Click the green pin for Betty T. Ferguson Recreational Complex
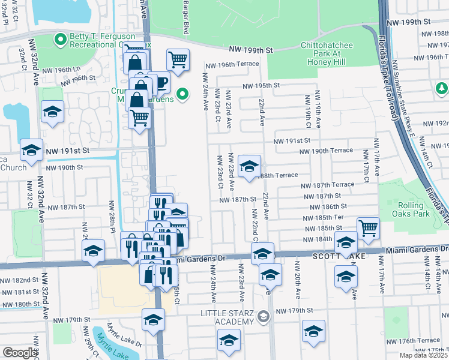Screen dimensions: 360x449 coord(60,41)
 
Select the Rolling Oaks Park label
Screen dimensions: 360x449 coord(415,209)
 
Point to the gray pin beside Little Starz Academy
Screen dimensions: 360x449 coord(263,316)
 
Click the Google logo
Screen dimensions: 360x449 coord(20,353)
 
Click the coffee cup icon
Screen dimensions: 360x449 coord(160,82)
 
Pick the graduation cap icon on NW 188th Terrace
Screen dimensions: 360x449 coord(249,166)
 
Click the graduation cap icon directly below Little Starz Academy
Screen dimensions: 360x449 coord(229,340)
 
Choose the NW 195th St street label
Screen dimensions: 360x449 coord(261,86)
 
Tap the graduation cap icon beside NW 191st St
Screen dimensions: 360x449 coord(31,150)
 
